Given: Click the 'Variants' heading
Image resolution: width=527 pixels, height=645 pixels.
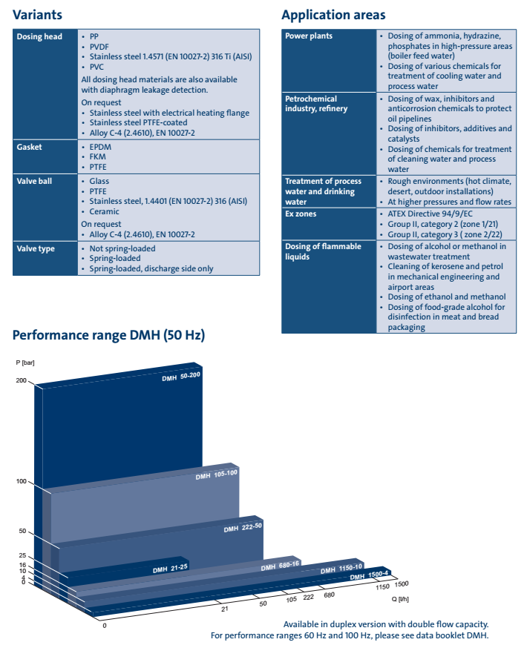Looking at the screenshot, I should (x=37, y=15).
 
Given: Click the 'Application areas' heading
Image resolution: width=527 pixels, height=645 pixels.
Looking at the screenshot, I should (x=333, y=15).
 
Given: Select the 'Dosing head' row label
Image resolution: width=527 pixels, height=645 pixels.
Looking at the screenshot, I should (x=39, y=36).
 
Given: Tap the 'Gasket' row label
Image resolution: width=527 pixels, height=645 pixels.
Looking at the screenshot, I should (x=30, y=147).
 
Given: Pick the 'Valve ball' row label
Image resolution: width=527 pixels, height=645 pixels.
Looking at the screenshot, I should (x=35, y=181).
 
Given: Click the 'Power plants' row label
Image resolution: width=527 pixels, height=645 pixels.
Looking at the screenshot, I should (x=309, y=36).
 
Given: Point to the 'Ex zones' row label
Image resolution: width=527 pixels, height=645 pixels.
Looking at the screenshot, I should (x=301, y=214).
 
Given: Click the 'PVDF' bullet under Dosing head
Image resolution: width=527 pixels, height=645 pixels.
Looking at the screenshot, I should (x=100, y=46).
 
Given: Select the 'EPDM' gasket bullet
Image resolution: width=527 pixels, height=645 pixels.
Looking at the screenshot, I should (x=101, y=147).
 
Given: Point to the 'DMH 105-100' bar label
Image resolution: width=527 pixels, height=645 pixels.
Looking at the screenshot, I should (x=216, y=474).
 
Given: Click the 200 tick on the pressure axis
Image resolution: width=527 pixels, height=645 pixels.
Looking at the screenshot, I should (x=21, y=381).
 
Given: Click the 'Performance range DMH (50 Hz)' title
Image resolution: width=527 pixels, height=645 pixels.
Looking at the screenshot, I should (x=108, y=336).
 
